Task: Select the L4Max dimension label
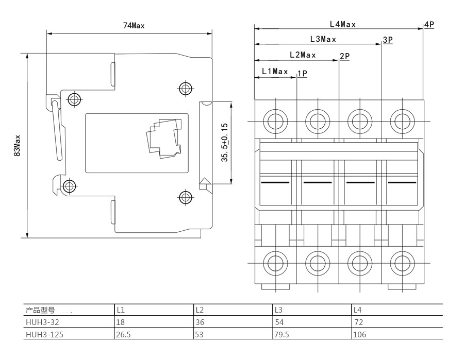click(x=343, y=24)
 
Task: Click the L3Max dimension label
click(x=323, y=39)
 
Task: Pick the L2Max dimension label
click(x=303, y=55)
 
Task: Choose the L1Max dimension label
click(x=275, y=71)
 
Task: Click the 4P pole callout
click(x=429, y=25)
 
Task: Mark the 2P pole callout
click(x=344, y=56)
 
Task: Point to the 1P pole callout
click(x=303, y=73)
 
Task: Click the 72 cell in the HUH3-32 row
click(x=358, y=322)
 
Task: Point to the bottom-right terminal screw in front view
click(x=402, y=263)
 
